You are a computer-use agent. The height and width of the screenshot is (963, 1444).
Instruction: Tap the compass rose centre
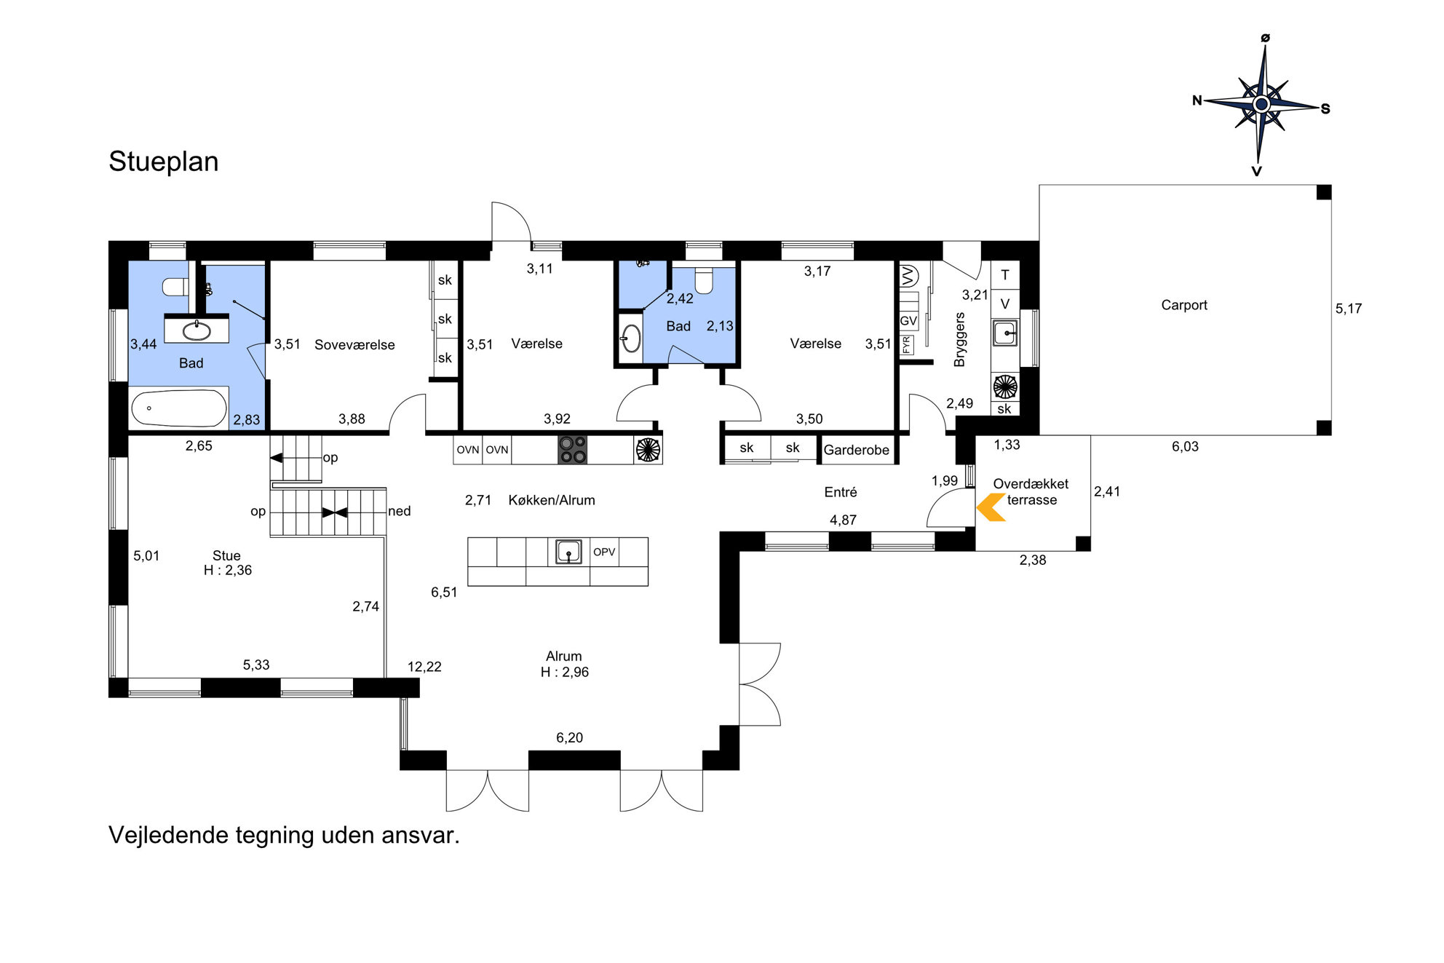[1262, 104]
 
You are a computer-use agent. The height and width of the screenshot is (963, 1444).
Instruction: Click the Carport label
[1184, 305]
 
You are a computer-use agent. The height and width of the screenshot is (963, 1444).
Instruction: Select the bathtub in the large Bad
[179, 408]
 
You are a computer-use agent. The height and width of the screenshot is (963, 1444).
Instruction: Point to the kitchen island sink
[568, 552]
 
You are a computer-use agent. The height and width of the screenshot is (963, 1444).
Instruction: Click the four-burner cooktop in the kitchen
[573, 449]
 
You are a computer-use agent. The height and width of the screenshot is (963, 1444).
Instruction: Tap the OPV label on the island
[604, 552]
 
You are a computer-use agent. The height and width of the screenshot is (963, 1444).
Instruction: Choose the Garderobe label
[856, 450]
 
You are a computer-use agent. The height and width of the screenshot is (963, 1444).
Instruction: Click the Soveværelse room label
[354, 345]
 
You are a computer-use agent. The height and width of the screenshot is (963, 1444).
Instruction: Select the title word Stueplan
[164, 162]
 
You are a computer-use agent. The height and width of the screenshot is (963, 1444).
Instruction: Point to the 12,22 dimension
[424, 667]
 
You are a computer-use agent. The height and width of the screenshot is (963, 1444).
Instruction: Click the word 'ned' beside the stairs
[400, 511]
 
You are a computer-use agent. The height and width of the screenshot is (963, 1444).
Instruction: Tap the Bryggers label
[959, 339]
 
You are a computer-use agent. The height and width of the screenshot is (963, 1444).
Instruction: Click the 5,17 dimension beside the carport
[1349, 309]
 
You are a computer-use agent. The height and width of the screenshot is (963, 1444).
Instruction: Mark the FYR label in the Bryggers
[907, 344]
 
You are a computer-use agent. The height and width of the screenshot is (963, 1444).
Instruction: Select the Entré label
[841, 492]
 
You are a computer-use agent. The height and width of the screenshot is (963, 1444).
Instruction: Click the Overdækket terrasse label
[1031, 491]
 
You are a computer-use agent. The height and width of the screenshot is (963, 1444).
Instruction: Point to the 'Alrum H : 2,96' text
[565, 664]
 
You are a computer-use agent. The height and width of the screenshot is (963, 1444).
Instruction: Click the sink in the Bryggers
[1005, 333]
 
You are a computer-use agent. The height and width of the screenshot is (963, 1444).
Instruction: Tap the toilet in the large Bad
[175, 287]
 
